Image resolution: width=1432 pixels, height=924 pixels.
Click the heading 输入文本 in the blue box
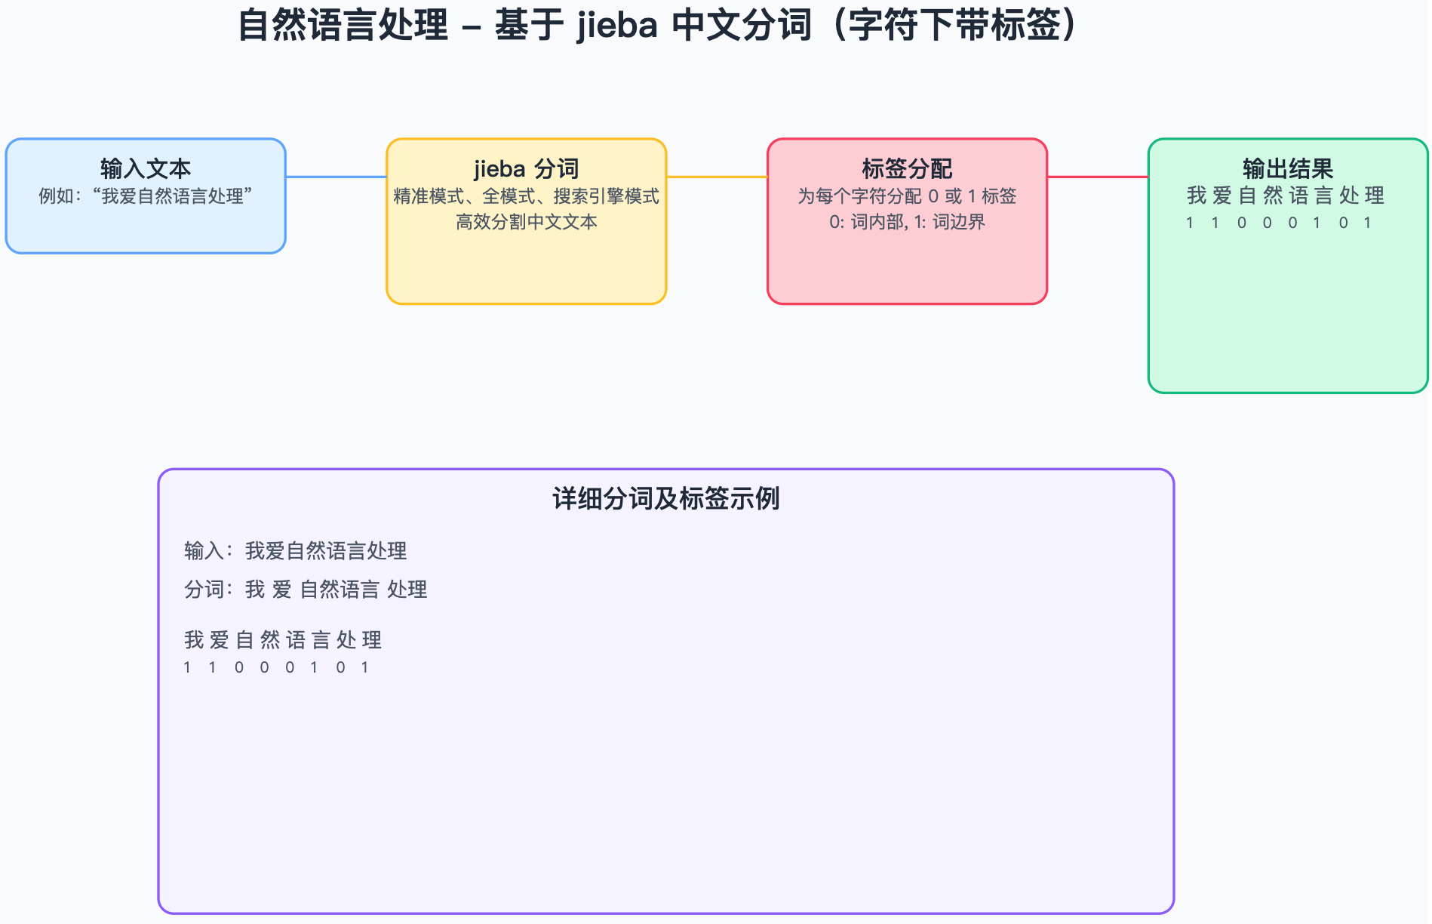coord(146,168)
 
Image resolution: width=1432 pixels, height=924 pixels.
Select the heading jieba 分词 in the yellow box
coord(526,168)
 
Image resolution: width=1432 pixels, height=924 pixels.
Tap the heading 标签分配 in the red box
coord(907,168)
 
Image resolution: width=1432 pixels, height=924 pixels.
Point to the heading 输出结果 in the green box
coord(1287,168)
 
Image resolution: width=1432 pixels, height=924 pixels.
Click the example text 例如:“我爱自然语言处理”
coord(146,196)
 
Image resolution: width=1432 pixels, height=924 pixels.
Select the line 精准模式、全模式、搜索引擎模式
coord(526,196)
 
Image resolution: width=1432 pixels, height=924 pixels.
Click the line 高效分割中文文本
coord(526,222)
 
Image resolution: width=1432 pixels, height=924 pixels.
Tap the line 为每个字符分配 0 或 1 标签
coord(907,196)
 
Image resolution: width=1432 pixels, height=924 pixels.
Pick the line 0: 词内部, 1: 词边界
coord(907,222)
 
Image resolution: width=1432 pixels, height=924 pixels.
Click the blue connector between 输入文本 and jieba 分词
coord(336,177)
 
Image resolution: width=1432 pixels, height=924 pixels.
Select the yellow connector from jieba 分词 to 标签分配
coord(717,177)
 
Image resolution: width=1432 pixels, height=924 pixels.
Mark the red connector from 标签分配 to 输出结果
coord(1097,177)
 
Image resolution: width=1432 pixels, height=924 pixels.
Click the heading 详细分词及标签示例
coord(665,499)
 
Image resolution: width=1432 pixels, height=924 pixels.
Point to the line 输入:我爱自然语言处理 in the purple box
coord(295,551)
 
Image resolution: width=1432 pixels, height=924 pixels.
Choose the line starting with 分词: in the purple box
coord(306,590)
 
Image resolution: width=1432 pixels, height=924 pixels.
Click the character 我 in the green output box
coord(1197,196)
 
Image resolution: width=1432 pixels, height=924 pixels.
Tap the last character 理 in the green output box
coord(1375,196)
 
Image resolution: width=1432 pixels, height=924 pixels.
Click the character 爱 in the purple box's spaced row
coord(219,640)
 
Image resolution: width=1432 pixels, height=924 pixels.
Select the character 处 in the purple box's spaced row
coord(346,640)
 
